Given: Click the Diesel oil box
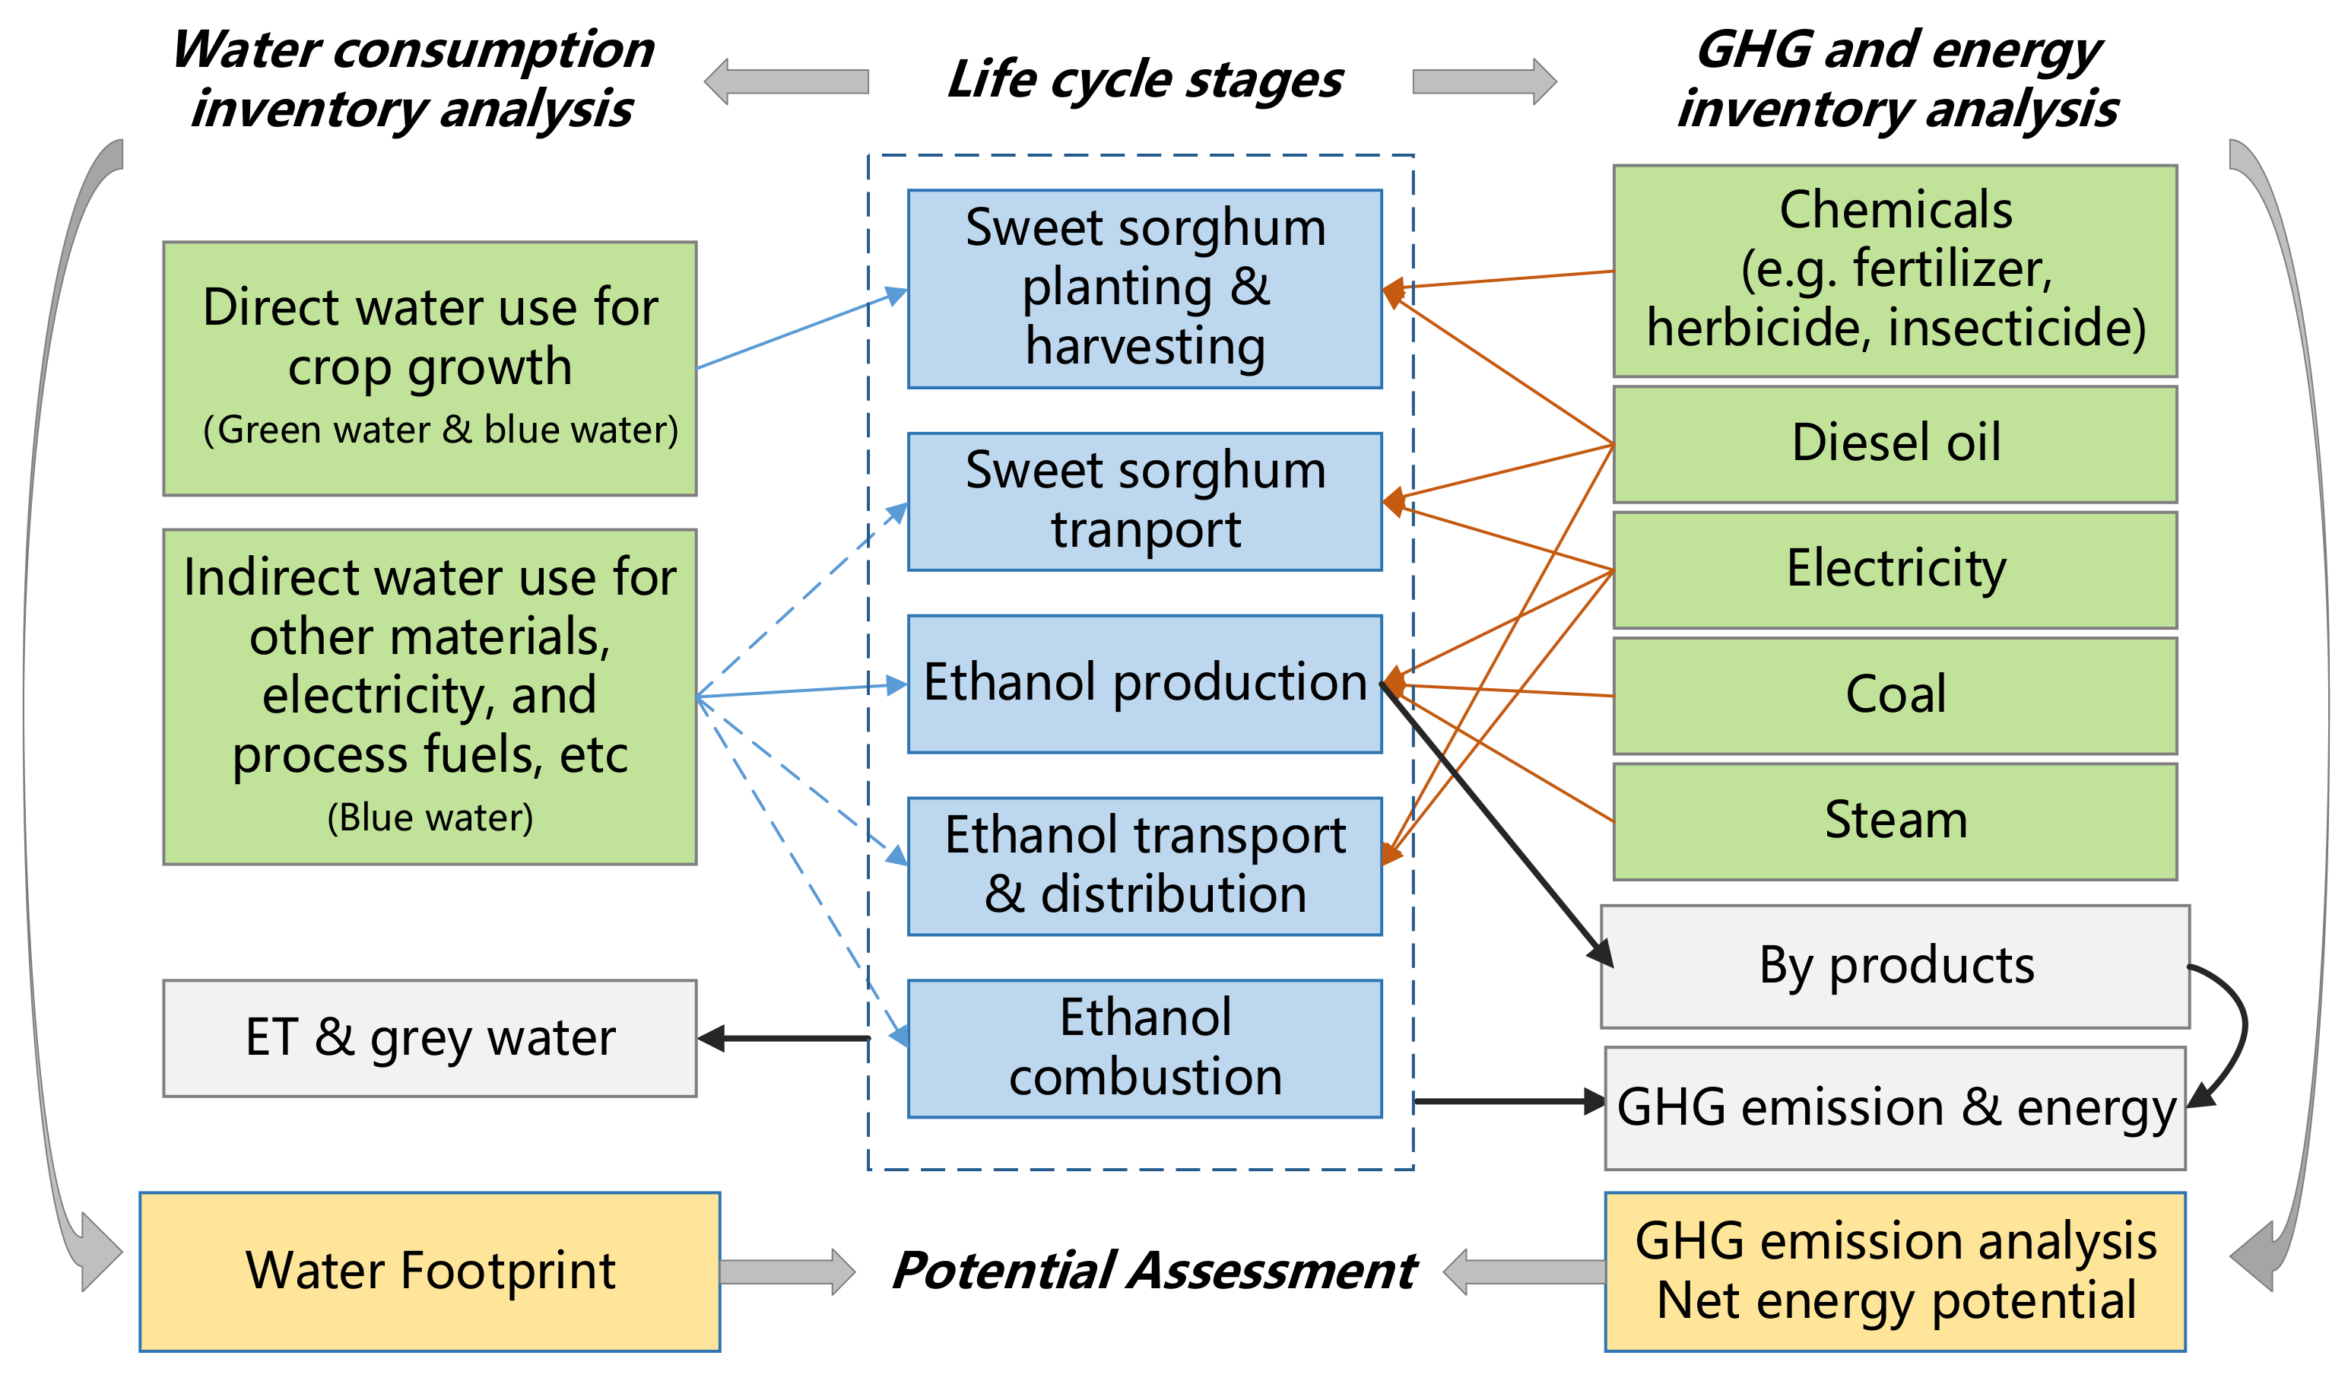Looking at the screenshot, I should tap(1894, 445).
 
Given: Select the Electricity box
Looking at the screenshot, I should tap(1894, 570).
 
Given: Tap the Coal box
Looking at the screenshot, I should tap(1894, 696).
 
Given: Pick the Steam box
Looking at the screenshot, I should tap(1894, 822).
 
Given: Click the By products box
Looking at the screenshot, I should tap(1894, 967).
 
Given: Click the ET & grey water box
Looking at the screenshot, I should tap(430, 1038).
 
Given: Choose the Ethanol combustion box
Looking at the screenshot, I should tap(1144, 1049).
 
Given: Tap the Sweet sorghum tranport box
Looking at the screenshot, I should tap(1144, 501).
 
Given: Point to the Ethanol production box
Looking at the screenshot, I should tap(1144, 683).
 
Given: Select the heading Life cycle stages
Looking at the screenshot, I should tap(1144, 80).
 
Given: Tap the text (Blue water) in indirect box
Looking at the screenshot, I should tap(430, 818).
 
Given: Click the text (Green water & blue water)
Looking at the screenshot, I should tap(439, 430).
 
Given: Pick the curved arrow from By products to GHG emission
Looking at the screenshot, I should tap(2238, 1034).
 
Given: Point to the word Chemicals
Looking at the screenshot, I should tap(1894, 210).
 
